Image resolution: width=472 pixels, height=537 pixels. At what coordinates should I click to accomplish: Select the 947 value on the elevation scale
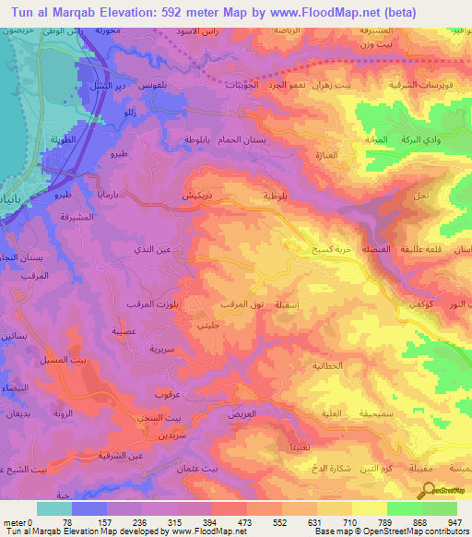coord(454,522)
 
